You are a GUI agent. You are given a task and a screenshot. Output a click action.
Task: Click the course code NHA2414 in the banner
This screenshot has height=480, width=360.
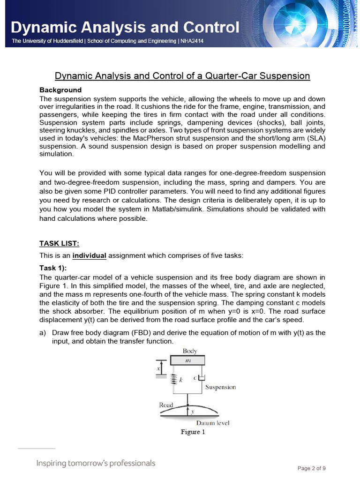click(192, 41)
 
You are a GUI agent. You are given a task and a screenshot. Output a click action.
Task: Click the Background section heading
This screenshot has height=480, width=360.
click(60, 90)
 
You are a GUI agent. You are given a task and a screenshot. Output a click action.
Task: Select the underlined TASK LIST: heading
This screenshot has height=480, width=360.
click(59, 243)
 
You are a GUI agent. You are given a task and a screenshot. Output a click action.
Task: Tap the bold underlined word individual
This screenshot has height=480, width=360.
click(89, 255)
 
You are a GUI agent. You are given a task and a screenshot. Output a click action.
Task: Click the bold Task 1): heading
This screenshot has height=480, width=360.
click(53, 268)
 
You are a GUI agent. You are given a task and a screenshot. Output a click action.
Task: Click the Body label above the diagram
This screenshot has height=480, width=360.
click(190, 351)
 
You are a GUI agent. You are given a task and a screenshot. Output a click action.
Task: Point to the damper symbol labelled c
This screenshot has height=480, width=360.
click(202, 377)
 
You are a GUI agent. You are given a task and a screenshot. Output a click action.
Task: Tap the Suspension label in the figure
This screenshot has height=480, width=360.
click(220, 387)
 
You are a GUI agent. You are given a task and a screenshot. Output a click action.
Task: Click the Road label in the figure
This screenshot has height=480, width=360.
click(166, 405)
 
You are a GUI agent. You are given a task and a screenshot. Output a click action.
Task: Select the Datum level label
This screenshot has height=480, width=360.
click(212, 423)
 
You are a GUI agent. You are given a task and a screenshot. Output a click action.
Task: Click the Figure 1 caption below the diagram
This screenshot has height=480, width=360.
click(193, 432)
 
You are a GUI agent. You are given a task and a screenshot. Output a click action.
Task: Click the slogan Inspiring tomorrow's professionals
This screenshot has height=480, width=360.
click(96, 463)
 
